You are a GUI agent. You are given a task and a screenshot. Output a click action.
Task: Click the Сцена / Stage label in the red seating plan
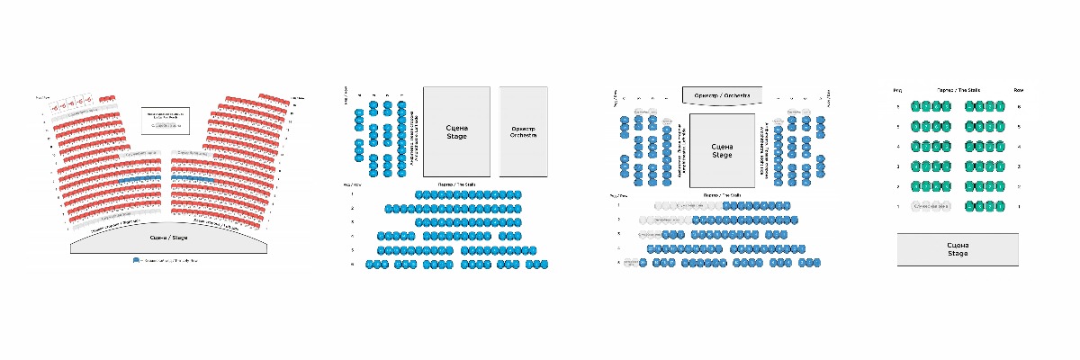[x=168, y=237]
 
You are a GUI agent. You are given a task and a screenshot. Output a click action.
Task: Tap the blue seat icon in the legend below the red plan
[x=136, y=260]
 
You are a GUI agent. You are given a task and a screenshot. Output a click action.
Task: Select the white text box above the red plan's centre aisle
[x=166, y=119]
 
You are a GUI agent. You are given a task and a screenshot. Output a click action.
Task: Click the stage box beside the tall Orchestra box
[x=456, y=131]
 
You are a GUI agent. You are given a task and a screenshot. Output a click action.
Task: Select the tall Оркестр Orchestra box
[x=523, y=131]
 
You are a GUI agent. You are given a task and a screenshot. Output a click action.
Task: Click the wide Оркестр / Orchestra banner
[x=723, y=95]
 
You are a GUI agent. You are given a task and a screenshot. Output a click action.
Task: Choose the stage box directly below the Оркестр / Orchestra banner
[x=723, y=150]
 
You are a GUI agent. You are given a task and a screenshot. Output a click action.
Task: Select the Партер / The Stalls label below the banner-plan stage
[x=723, y=194]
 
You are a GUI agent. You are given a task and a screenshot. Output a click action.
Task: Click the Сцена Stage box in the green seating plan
[x=958, y=249]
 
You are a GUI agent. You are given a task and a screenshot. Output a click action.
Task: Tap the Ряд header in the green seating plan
[x=897, y=90]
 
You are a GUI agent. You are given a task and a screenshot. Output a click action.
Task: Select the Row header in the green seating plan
[x=1019, y=90]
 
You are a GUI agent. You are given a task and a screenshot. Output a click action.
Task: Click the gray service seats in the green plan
[x=931, y=206]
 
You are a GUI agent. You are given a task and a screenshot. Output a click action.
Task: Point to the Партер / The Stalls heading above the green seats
[x=958, y=90]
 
